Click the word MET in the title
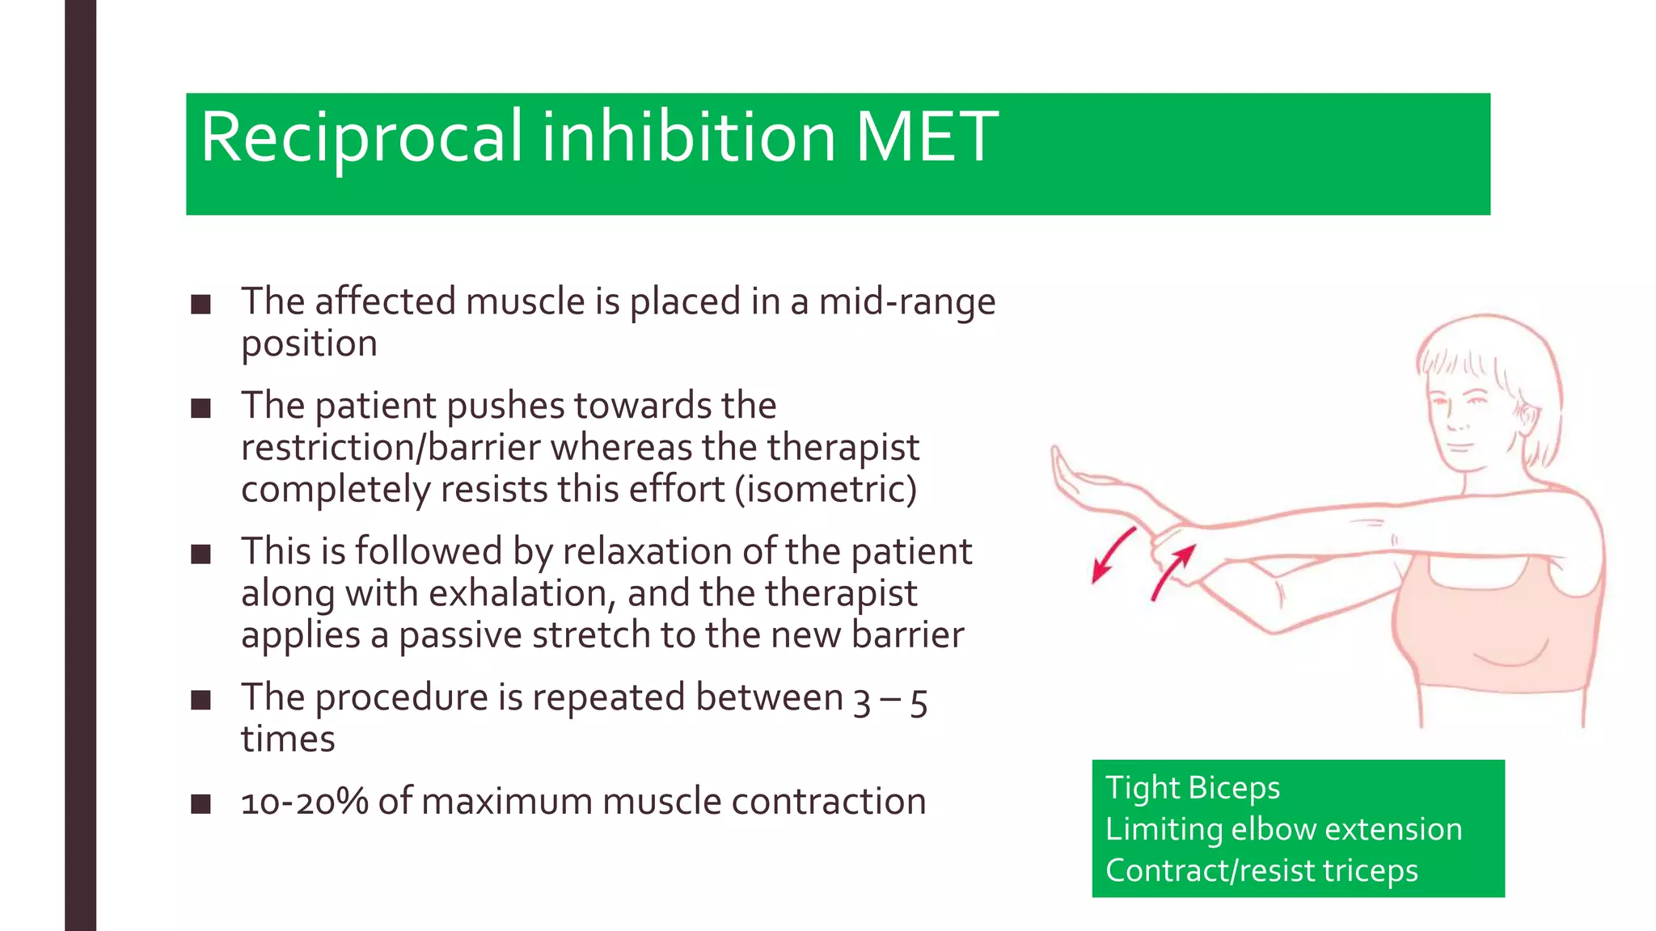pyautogui.click(x=927, y=137)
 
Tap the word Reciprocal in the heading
pyautogui.click(x=361, y=137)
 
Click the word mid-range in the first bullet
pyautogui.click(x=906, y=301)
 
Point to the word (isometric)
pyautogui.click(x=826, y=490)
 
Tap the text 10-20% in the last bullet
pyautogui.click(x=304, y=802)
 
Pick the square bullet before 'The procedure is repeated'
pyautogui.click(x=201, y=700)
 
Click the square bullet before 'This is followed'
pyautogui.click(x=201, y=554)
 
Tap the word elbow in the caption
pyautogui.click(x=1274, y=829)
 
